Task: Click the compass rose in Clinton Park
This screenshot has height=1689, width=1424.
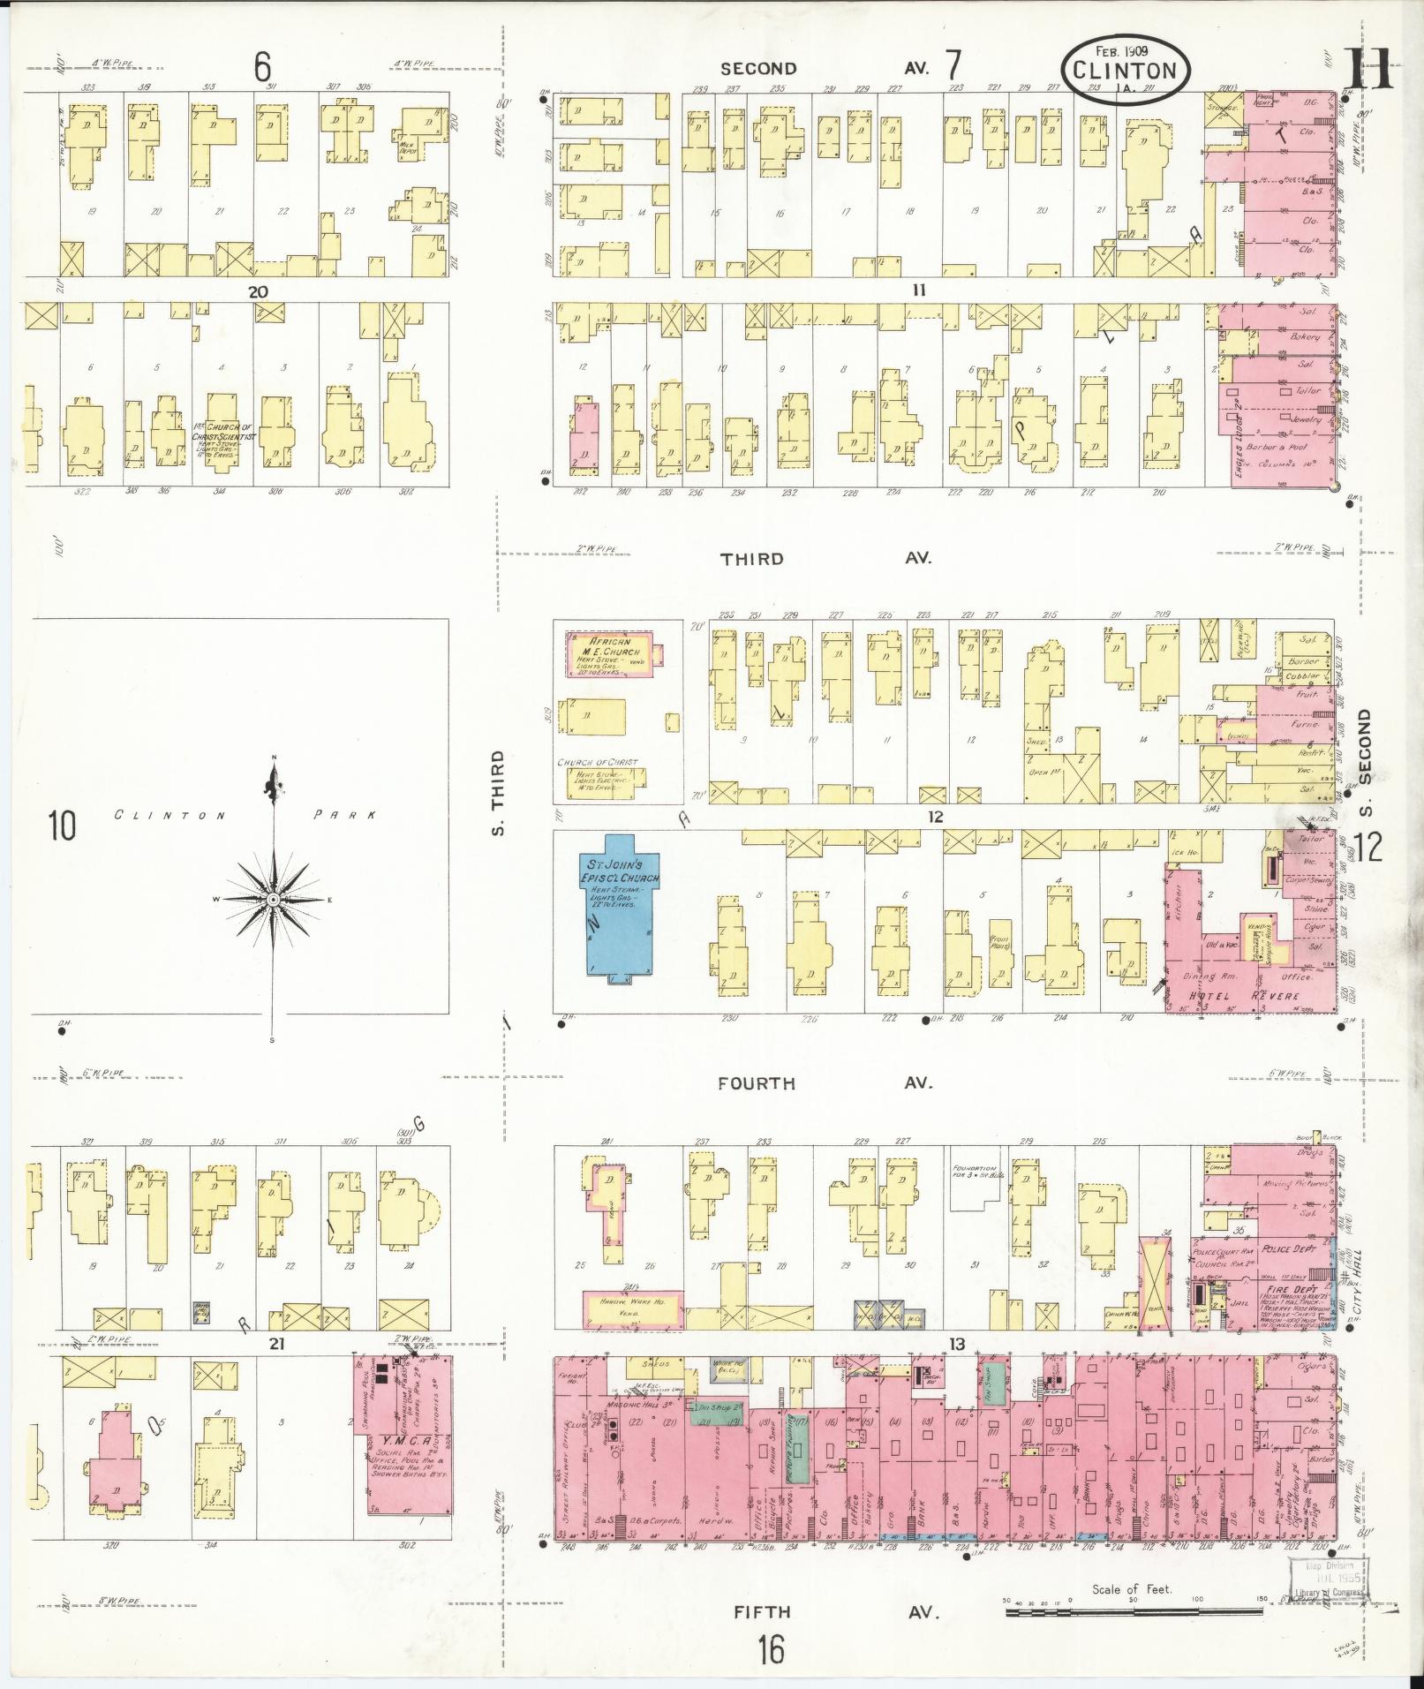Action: (274, 899)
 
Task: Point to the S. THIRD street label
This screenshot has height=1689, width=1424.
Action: (497, 794)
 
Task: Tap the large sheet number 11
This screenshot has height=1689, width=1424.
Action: (1369, 69)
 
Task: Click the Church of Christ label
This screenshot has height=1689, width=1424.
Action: (597, 762)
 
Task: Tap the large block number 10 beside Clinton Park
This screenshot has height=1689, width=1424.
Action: (62, 826)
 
